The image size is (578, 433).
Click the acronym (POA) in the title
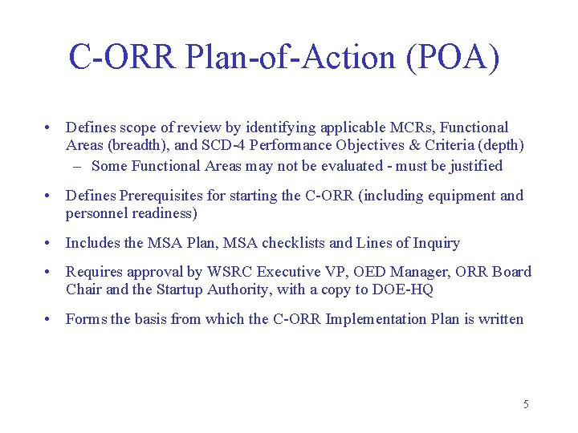tap(454, 58)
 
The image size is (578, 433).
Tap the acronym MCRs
tap(409, 127)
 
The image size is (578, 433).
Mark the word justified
tap(473, 166)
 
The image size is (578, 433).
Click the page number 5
tap(526, 404)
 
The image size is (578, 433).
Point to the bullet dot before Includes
tap(50, 243)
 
